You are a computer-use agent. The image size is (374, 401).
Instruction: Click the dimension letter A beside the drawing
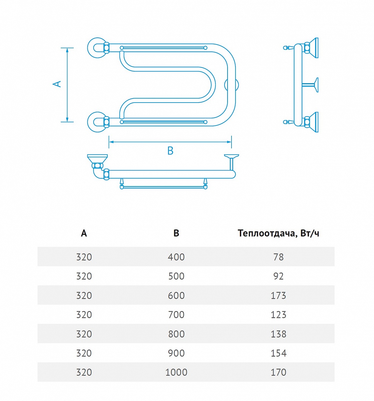pyautogui.click(x=57, y=84)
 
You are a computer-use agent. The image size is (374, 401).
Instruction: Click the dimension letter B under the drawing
pyautogui.click(x=170, y=151)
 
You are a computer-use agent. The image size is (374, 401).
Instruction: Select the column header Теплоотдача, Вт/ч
pyautogui.click(x=278, y=233)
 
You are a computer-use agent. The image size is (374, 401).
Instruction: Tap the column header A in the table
pyautogui.click(x=84, y=233)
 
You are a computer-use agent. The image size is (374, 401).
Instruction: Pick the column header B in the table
pyautogui.click(x=176, y=233)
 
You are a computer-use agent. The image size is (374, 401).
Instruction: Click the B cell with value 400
pyautogui.click(x=176, y=257)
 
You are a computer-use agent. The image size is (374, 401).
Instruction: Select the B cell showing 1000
pyautogui.click(x=176, y=372)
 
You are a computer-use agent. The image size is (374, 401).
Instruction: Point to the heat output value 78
pyautogui.click(x=278, y=257)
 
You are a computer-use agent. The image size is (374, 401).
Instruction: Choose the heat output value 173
pyautogui.click(x=278, y=295)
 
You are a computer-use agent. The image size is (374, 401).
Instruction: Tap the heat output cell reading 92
pyautogui.click(x=278, y=276)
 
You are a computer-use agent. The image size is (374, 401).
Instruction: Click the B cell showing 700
pyautogui.click(x=176, y=315)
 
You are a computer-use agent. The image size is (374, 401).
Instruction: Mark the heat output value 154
pyautogui.click(x=278, y=353)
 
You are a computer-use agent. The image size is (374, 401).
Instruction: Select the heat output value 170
pyautogui.click(x=278, y=372)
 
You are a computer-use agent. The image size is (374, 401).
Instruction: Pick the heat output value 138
pyautogui.click(x=278, y=334)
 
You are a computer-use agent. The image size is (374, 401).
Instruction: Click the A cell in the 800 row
pyautogui.click(x=84, y=334)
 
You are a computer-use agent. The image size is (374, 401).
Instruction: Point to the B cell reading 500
pyautogui.click(x=176, y=276)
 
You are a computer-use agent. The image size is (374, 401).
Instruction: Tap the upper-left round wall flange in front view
pyautogui.click(x=97, y=48)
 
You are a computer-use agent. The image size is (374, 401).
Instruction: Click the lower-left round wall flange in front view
pyautogui.click(x=97, y=122)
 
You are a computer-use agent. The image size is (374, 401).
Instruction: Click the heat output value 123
pyautogui.click(x=278, y=315)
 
